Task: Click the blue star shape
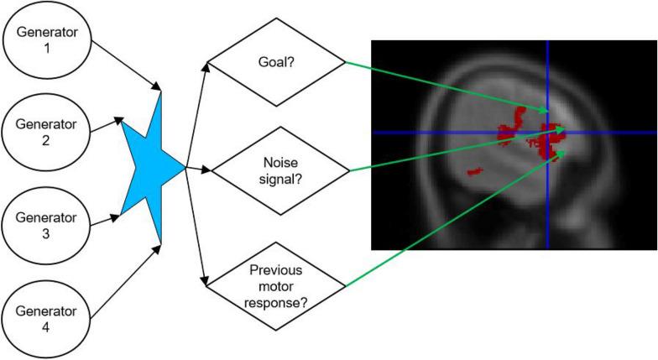pos(151,168)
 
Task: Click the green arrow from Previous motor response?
pos(453,217)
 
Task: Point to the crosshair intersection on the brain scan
pos(547,133)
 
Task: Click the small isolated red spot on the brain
pos(475,171)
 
